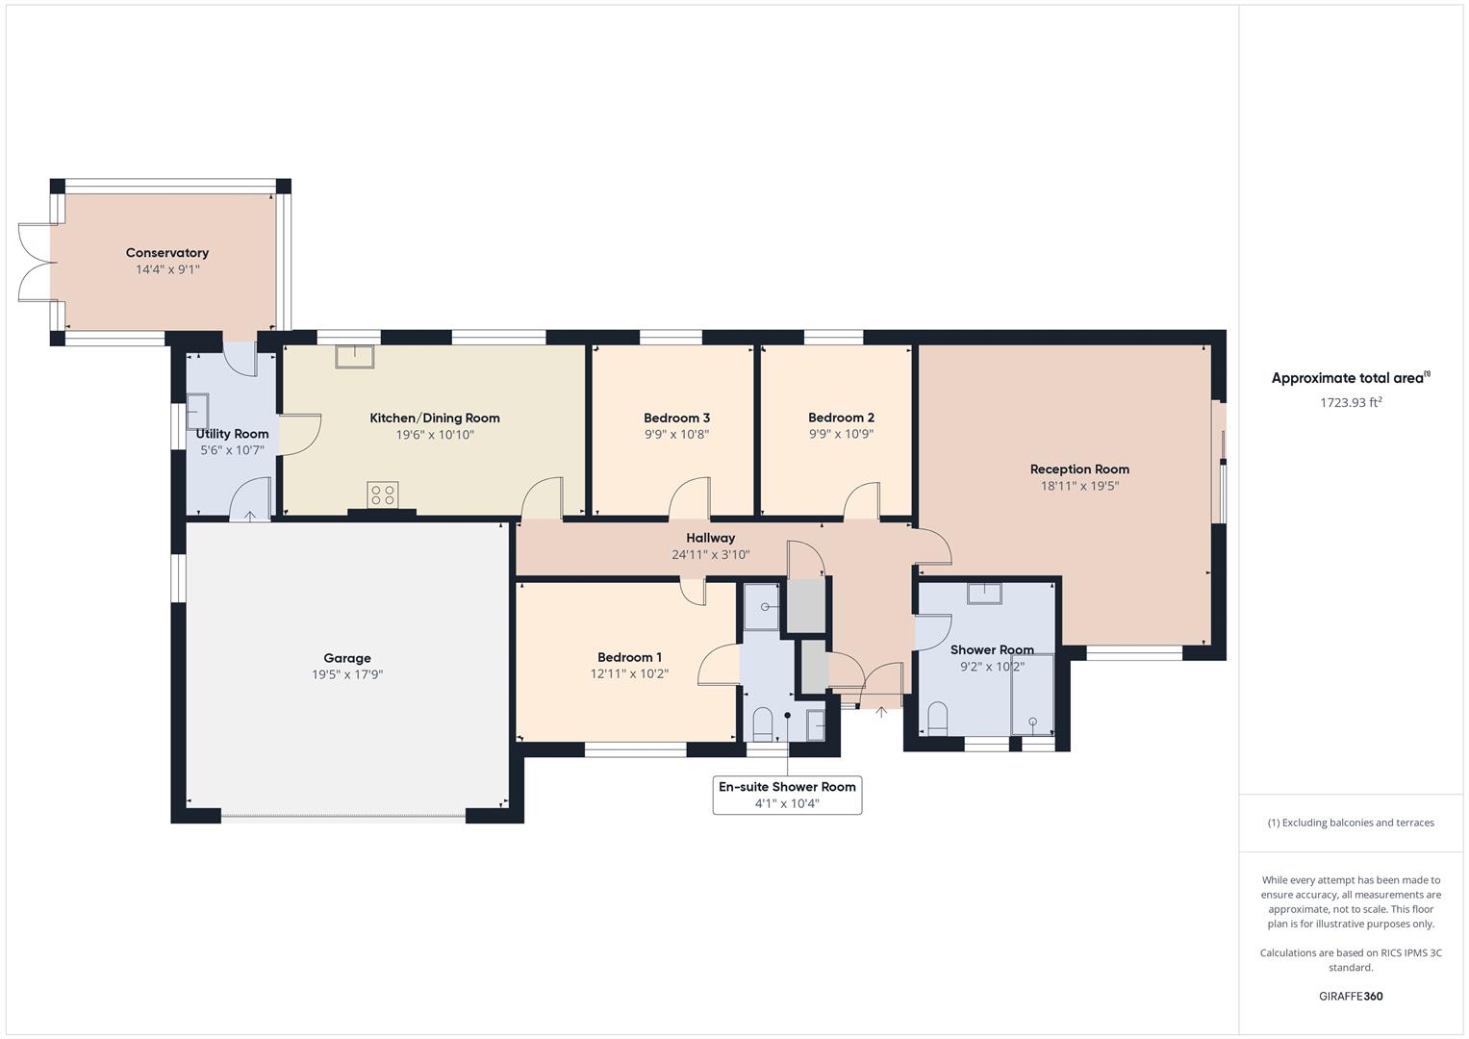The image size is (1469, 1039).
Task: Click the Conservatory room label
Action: [167, 253]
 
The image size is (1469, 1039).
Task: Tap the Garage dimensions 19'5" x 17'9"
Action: [347, 675]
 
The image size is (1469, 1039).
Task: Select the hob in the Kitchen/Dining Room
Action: [382, 494]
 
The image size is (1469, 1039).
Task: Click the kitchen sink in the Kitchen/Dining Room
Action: [355, 356]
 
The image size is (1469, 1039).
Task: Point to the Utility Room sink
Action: [197, 411]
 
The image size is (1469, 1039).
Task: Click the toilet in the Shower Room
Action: [937, 718]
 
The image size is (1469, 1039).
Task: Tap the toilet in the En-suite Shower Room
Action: [762, 722]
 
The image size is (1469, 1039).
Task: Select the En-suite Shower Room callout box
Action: [787, 795]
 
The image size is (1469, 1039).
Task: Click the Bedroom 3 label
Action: [676, 418]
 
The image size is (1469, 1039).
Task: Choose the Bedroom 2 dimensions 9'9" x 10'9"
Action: [841, 435]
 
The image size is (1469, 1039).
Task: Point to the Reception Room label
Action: [1079, 469]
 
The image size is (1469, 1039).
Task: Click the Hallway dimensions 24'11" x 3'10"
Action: [710, 555]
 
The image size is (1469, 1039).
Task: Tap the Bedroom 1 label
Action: [629, 658]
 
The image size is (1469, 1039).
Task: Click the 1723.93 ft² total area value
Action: [1351, 403]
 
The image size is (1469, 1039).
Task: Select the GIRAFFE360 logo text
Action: [1351, 997]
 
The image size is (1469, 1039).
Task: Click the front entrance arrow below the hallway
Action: [881, 713]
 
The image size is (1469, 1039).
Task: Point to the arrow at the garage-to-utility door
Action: [250, 517]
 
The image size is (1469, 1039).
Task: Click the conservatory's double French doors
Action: [34, 262]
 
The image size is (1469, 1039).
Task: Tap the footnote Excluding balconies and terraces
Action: [1351, 823]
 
